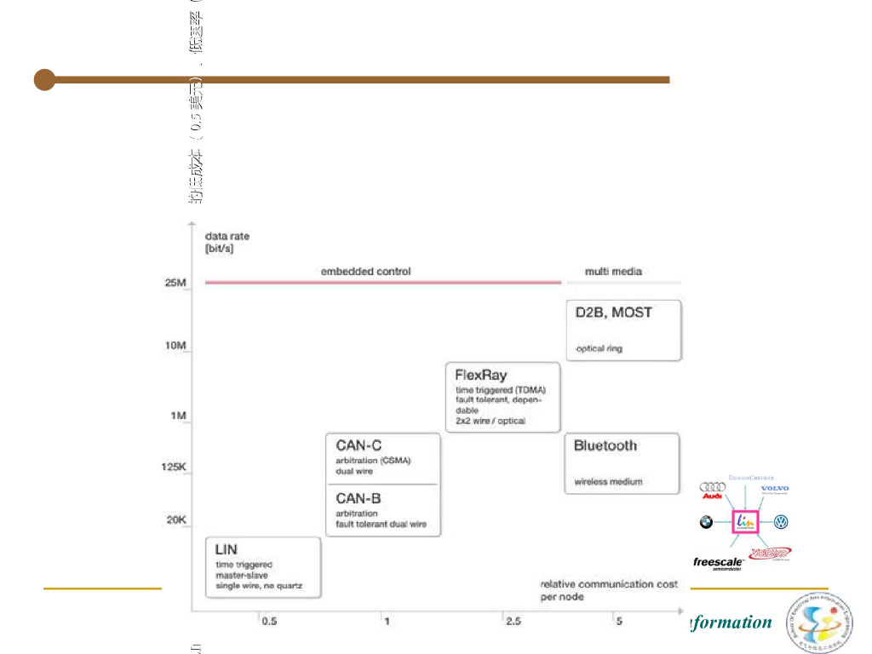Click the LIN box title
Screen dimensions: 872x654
click(227, 550)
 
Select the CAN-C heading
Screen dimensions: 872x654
click(359, 445)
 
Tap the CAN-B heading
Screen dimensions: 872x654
click(359, 498)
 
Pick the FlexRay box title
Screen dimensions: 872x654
click(481, 375)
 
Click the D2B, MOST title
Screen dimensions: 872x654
click(613, 313)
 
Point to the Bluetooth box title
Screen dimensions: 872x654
click(605, 445)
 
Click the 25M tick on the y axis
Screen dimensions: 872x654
click(175, 283)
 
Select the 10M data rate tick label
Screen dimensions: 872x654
click(175, 346)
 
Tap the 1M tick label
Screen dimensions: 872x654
click(179, 416)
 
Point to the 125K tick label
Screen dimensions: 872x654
click(174, 467)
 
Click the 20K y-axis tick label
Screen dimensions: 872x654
click(175, 519)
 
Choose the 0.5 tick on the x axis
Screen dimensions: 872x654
click(269, 622)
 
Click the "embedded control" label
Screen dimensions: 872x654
click(365, 272)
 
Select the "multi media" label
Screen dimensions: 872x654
click(613, 272)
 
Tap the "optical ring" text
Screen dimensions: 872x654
click(599, 348)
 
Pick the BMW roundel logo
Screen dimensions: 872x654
click(706, 522)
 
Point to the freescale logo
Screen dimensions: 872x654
click(718, 563)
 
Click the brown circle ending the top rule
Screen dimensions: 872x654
click(45, 80)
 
